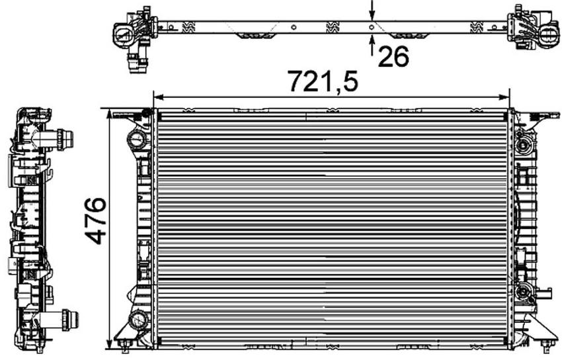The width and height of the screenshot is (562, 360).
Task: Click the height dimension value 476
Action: click(97, 220)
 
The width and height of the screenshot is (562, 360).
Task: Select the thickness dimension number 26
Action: click(393, 57)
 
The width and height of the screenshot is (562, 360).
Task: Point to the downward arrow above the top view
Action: click(372, 10)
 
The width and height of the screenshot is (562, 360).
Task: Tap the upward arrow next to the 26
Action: click(372, 45)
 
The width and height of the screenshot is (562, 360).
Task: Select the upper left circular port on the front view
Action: click(138, 140)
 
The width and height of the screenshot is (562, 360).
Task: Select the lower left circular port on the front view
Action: click(138, 320)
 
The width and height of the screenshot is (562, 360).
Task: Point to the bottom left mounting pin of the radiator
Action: click(124, 345)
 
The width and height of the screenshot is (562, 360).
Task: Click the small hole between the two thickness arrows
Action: click(372, 27)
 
